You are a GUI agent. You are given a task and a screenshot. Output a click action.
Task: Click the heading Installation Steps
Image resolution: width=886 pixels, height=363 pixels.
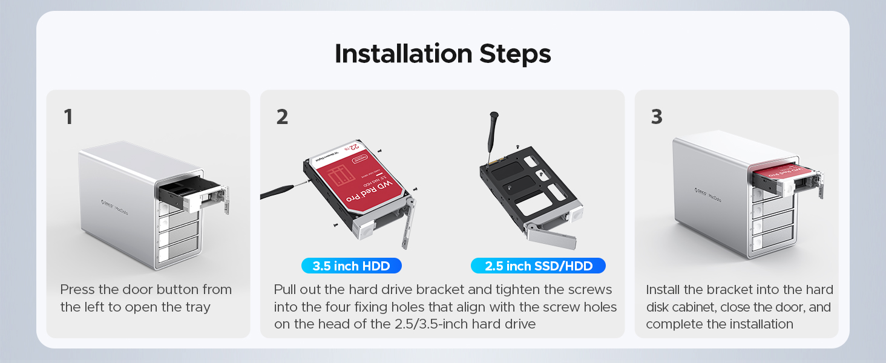tap(442, 54)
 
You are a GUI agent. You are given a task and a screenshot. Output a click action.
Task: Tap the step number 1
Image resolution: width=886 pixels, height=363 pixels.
tap(68, 117)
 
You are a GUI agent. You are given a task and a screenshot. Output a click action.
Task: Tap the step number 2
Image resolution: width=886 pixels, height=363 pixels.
tap(282, 117)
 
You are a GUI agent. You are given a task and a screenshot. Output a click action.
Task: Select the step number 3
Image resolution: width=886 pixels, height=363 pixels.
tap(657, 117)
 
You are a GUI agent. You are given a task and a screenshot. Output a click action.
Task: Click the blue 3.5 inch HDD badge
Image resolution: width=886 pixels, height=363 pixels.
tap(351, 266)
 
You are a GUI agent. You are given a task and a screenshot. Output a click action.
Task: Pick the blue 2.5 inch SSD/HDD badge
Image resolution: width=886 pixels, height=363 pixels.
tap(537, 266)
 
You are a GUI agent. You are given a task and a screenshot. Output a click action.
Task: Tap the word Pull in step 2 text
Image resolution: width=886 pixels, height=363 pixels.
tap(286, 290)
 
